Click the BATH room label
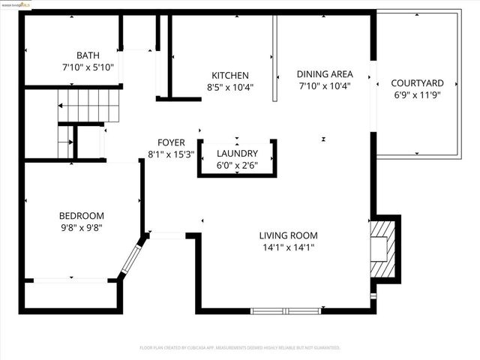[87, 55]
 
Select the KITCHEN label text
[229, 76]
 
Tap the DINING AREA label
[324, 73]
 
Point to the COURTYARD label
[418, 83]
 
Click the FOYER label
[171, 143]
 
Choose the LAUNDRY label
[237, 154]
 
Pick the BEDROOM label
[82, 216]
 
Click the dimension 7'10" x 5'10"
[87, 67]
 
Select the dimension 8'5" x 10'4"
[229, 87]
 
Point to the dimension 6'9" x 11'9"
[418, 95]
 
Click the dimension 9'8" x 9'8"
[82, 228]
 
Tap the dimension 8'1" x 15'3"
[171, 155]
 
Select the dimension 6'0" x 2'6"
[237, 166]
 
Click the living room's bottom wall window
[286, 310]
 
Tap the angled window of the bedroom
[131, 259]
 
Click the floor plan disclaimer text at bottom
[240, 348]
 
